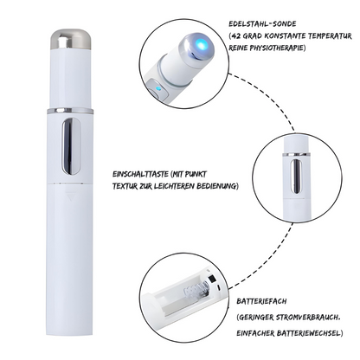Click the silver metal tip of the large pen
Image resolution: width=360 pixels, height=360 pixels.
70,39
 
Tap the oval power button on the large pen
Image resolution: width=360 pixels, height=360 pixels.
71,146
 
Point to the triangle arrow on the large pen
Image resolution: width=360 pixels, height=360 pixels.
70,197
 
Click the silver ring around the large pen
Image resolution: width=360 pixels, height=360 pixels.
70,111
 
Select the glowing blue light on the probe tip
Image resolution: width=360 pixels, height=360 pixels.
202,44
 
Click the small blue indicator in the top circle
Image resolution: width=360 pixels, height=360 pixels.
157,89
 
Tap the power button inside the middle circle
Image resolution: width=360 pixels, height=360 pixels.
296,177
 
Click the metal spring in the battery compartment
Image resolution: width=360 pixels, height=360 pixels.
196,290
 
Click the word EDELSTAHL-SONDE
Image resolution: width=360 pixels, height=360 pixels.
262,23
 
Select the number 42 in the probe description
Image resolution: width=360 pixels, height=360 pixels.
236,36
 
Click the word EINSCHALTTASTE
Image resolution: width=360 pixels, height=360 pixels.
140,174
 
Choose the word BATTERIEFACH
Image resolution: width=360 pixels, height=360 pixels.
261,301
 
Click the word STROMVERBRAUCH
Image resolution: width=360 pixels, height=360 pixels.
308,318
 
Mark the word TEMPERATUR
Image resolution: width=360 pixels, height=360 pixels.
330,36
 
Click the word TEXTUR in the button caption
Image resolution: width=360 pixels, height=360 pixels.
125,186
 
